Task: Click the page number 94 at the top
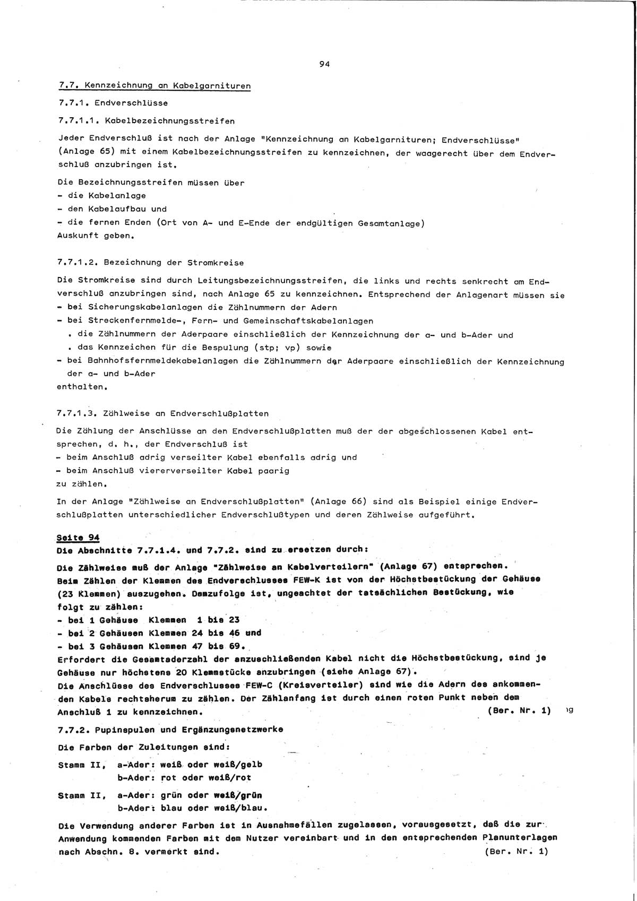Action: (x=324, y=64)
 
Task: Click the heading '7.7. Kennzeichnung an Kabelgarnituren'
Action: (x=154, y=85)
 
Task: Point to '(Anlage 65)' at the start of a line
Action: (x=81, y=152)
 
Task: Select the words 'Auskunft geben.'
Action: (x=96, y=236)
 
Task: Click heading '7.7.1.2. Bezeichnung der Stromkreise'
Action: (x=150, y=263)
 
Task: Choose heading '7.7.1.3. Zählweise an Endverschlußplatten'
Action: (x=162, y=413)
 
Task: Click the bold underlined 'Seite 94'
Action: (x=78, y=538)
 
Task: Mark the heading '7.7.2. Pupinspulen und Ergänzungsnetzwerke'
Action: (x=170, y=729)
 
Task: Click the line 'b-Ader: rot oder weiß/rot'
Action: (x=184, y=778)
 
